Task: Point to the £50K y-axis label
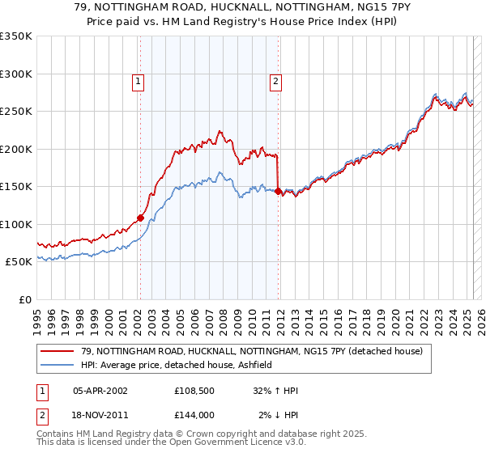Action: point(18,262)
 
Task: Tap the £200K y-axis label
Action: point(16,149)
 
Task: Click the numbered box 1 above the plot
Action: point(139,80)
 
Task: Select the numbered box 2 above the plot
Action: point(276,80)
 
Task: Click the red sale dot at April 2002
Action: point(140,218)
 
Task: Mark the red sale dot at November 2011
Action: point(278,191)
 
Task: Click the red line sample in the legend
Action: point(58,351)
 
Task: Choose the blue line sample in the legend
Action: point(58,365)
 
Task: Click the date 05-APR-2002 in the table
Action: point(100,390)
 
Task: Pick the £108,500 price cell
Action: point(193,390)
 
